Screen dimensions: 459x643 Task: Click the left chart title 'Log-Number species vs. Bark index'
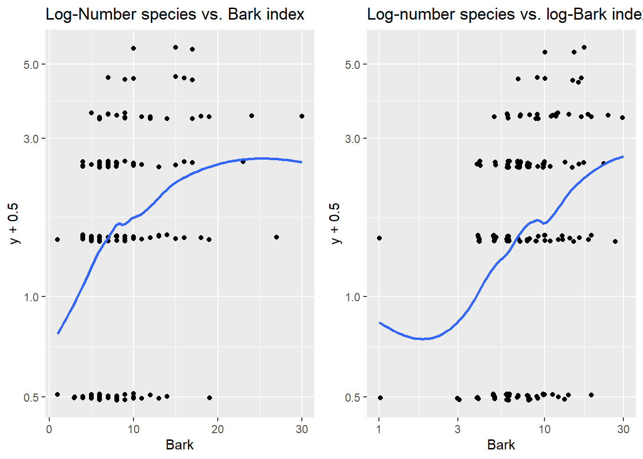pyautogui.click(x=175, y=14)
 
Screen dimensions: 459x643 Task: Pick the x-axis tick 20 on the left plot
pyautogui.click(x=218, y=429)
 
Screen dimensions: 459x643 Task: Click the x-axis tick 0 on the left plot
pyautogui.click(x=49, y=429)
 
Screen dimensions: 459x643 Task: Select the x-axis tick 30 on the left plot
pyautogui.click(x=302, y=429)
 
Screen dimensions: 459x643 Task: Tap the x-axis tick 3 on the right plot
pyautogui.click(x=457, y=429)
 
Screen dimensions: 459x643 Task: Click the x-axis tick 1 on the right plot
pyautogui.click(x=379, y=429)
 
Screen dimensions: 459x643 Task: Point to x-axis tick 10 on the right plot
pyautogui.click(x=544, y=429)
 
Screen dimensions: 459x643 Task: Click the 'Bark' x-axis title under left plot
pyautogui.click(x=179, y=445)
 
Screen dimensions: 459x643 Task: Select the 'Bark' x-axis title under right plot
pyautogui.click(x=501, y=445)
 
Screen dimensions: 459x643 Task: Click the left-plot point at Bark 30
pyautogui.click(x=302, y=116)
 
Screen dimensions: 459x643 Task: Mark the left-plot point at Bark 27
pyautogui.click(x=277, y=237)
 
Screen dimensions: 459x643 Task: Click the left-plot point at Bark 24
pyautogui.click(x=252, y=116)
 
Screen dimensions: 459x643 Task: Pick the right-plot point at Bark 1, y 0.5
pyautogui.click(x=380, y=398)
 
